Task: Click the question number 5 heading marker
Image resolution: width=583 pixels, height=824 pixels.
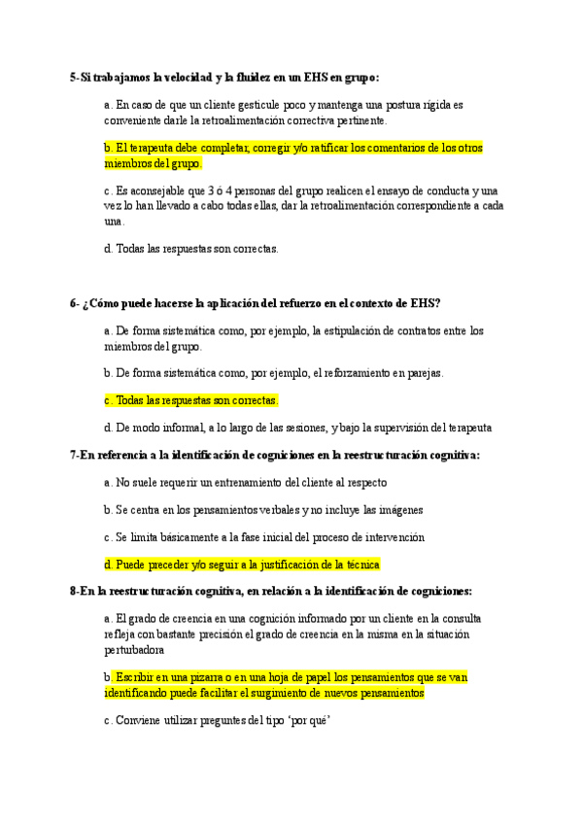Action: point(74,77)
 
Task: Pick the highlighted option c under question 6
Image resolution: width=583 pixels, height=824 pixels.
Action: point(191,399)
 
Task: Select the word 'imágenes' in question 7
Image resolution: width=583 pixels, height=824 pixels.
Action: point(399,509)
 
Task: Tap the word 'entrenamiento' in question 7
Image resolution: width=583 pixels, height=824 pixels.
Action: point(249,482)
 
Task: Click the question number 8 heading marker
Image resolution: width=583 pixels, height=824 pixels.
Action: point(74,591)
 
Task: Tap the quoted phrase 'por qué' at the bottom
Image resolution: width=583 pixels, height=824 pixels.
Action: point(313,721)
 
